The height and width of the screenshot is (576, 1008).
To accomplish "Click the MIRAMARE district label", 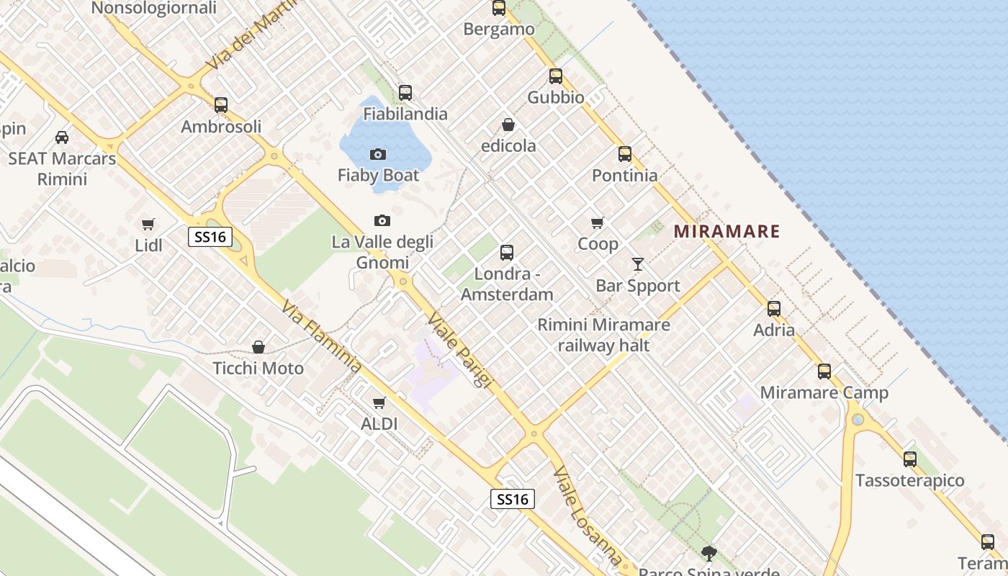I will point(726,232).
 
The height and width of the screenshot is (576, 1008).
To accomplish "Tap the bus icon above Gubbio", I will point(555,76).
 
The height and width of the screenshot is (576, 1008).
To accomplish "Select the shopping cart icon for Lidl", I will point(148,224).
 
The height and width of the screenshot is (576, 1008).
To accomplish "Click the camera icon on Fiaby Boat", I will point(377,154).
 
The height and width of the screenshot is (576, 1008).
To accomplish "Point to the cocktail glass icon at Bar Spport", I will point(637,264).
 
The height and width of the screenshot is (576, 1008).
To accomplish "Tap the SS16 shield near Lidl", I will point(210,237).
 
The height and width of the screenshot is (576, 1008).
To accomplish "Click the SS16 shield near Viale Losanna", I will point(513,499).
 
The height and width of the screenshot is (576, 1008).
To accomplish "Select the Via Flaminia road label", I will point(321,337).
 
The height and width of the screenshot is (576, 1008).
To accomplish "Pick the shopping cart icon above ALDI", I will point(379,402).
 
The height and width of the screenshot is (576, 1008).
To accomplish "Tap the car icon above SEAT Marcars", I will point(62,137).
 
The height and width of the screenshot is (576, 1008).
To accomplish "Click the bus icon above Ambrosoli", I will point(220,105).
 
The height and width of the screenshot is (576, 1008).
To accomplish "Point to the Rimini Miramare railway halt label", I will point(603,335).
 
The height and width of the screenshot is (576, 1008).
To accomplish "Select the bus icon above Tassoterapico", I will point(910,459).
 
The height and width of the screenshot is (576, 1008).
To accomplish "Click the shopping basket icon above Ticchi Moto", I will point(258,347).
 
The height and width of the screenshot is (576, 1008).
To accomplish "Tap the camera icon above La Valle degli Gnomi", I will point(382,220).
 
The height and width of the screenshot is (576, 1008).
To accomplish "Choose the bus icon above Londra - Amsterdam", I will point(506,253).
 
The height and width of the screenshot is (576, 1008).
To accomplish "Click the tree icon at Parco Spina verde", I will point(709,553).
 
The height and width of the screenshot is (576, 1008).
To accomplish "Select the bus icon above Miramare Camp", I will point(824,372).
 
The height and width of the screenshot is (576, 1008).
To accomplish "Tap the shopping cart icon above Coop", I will point(597,222).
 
